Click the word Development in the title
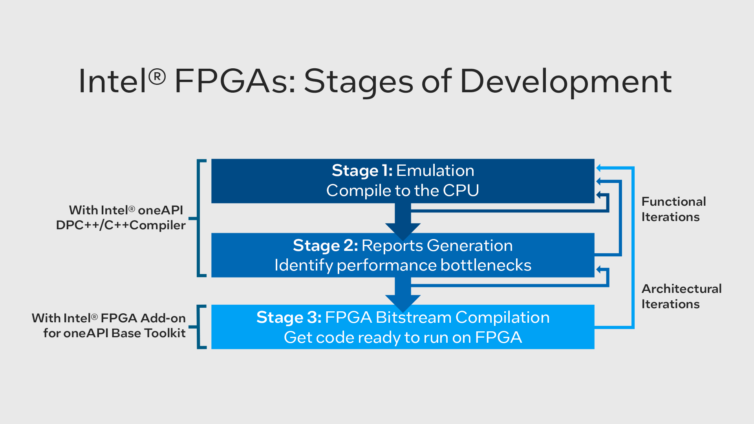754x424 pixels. coord(565,81)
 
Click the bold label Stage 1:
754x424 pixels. coord(362,171)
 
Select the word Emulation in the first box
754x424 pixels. coord(435,171)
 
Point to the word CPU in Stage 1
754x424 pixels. coord(461,191)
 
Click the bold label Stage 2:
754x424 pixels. coord(325,246)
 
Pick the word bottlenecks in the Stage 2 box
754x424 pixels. coord(486,265)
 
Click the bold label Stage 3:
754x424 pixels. coord(289,318)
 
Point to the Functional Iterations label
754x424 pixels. coord(673,209)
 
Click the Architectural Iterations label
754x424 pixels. coord(681,296)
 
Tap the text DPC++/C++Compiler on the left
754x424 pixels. coord(121,225)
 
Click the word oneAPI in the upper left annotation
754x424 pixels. coord(160,210)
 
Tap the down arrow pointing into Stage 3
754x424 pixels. coord(403,296)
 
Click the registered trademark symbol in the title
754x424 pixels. coord(157,76)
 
